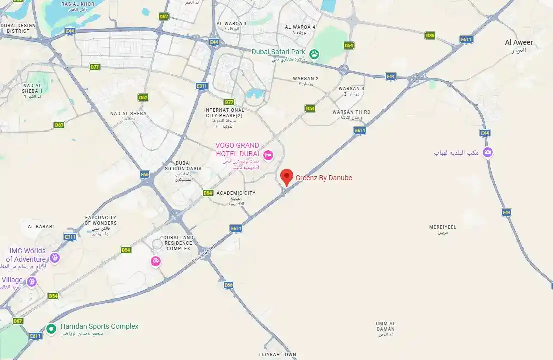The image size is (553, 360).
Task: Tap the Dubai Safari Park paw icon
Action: coord(314,54)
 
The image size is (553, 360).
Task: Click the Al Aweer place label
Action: coord(519,43)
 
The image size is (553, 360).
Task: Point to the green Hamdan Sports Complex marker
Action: coord(51,329)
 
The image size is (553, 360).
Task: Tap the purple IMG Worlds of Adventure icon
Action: coord(55,258)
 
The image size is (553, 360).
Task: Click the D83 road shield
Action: coord(430,36)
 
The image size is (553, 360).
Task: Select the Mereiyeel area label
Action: coord(443,227)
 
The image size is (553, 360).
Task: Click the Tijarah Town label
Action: coord(277,355)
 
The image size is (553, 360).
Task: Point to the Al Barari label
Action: coord(41,227)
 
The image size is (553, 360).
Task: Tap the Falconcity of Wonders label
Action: coord(101,220)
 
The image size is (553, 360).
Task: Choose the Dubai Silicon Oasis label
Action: coord(183,166)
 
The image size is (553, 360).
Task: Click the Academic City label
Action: coord(236,193)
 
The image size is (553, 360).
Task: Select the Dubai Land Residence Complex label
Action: coord(178,243)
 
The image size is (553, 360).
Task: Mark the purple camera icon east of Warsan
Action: coord(488,153)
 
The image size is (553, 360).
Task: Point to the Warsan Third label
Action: coord(351,112)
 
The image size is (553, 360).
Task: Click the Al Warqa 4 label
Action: coord(300,27)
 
